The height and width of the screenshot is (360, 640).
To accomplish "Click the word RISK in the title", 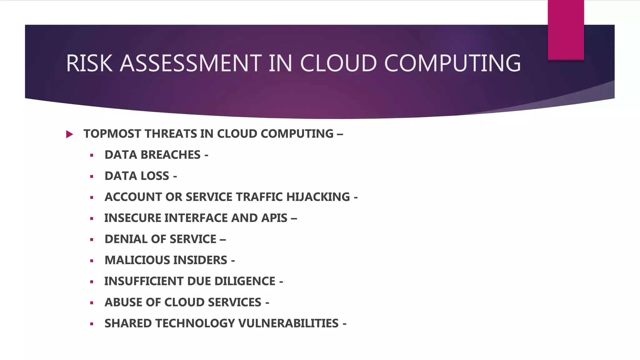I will [x=89, y=63].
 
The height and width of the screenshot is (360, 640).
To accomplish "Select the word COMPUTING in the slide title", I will [x=452, y=63].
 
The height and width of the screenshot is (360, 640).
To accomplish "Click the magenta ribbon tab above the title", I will [x=566, y=30].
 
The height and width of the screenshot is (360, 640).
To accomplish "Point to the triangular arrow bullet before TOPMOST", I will [x=69, y=134].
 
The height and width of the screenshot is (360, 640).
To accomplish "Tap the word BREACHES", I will [x=170, y=155].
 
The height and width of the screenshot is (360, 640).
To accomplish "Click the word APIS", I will [x=274, y=218].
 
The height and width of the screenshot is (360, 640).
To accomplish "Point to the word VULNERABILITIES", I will [x=288, y=323].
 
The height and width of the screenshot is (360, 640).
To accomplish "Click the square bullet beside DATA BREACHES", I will [x=92, y=155].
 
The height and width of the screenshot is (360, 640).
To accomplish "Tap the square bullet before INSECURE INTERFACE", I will [x=92, y=219].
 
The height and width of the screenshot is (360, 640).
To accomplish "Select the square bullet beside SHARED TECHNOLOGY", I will [x=92, y=324].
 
